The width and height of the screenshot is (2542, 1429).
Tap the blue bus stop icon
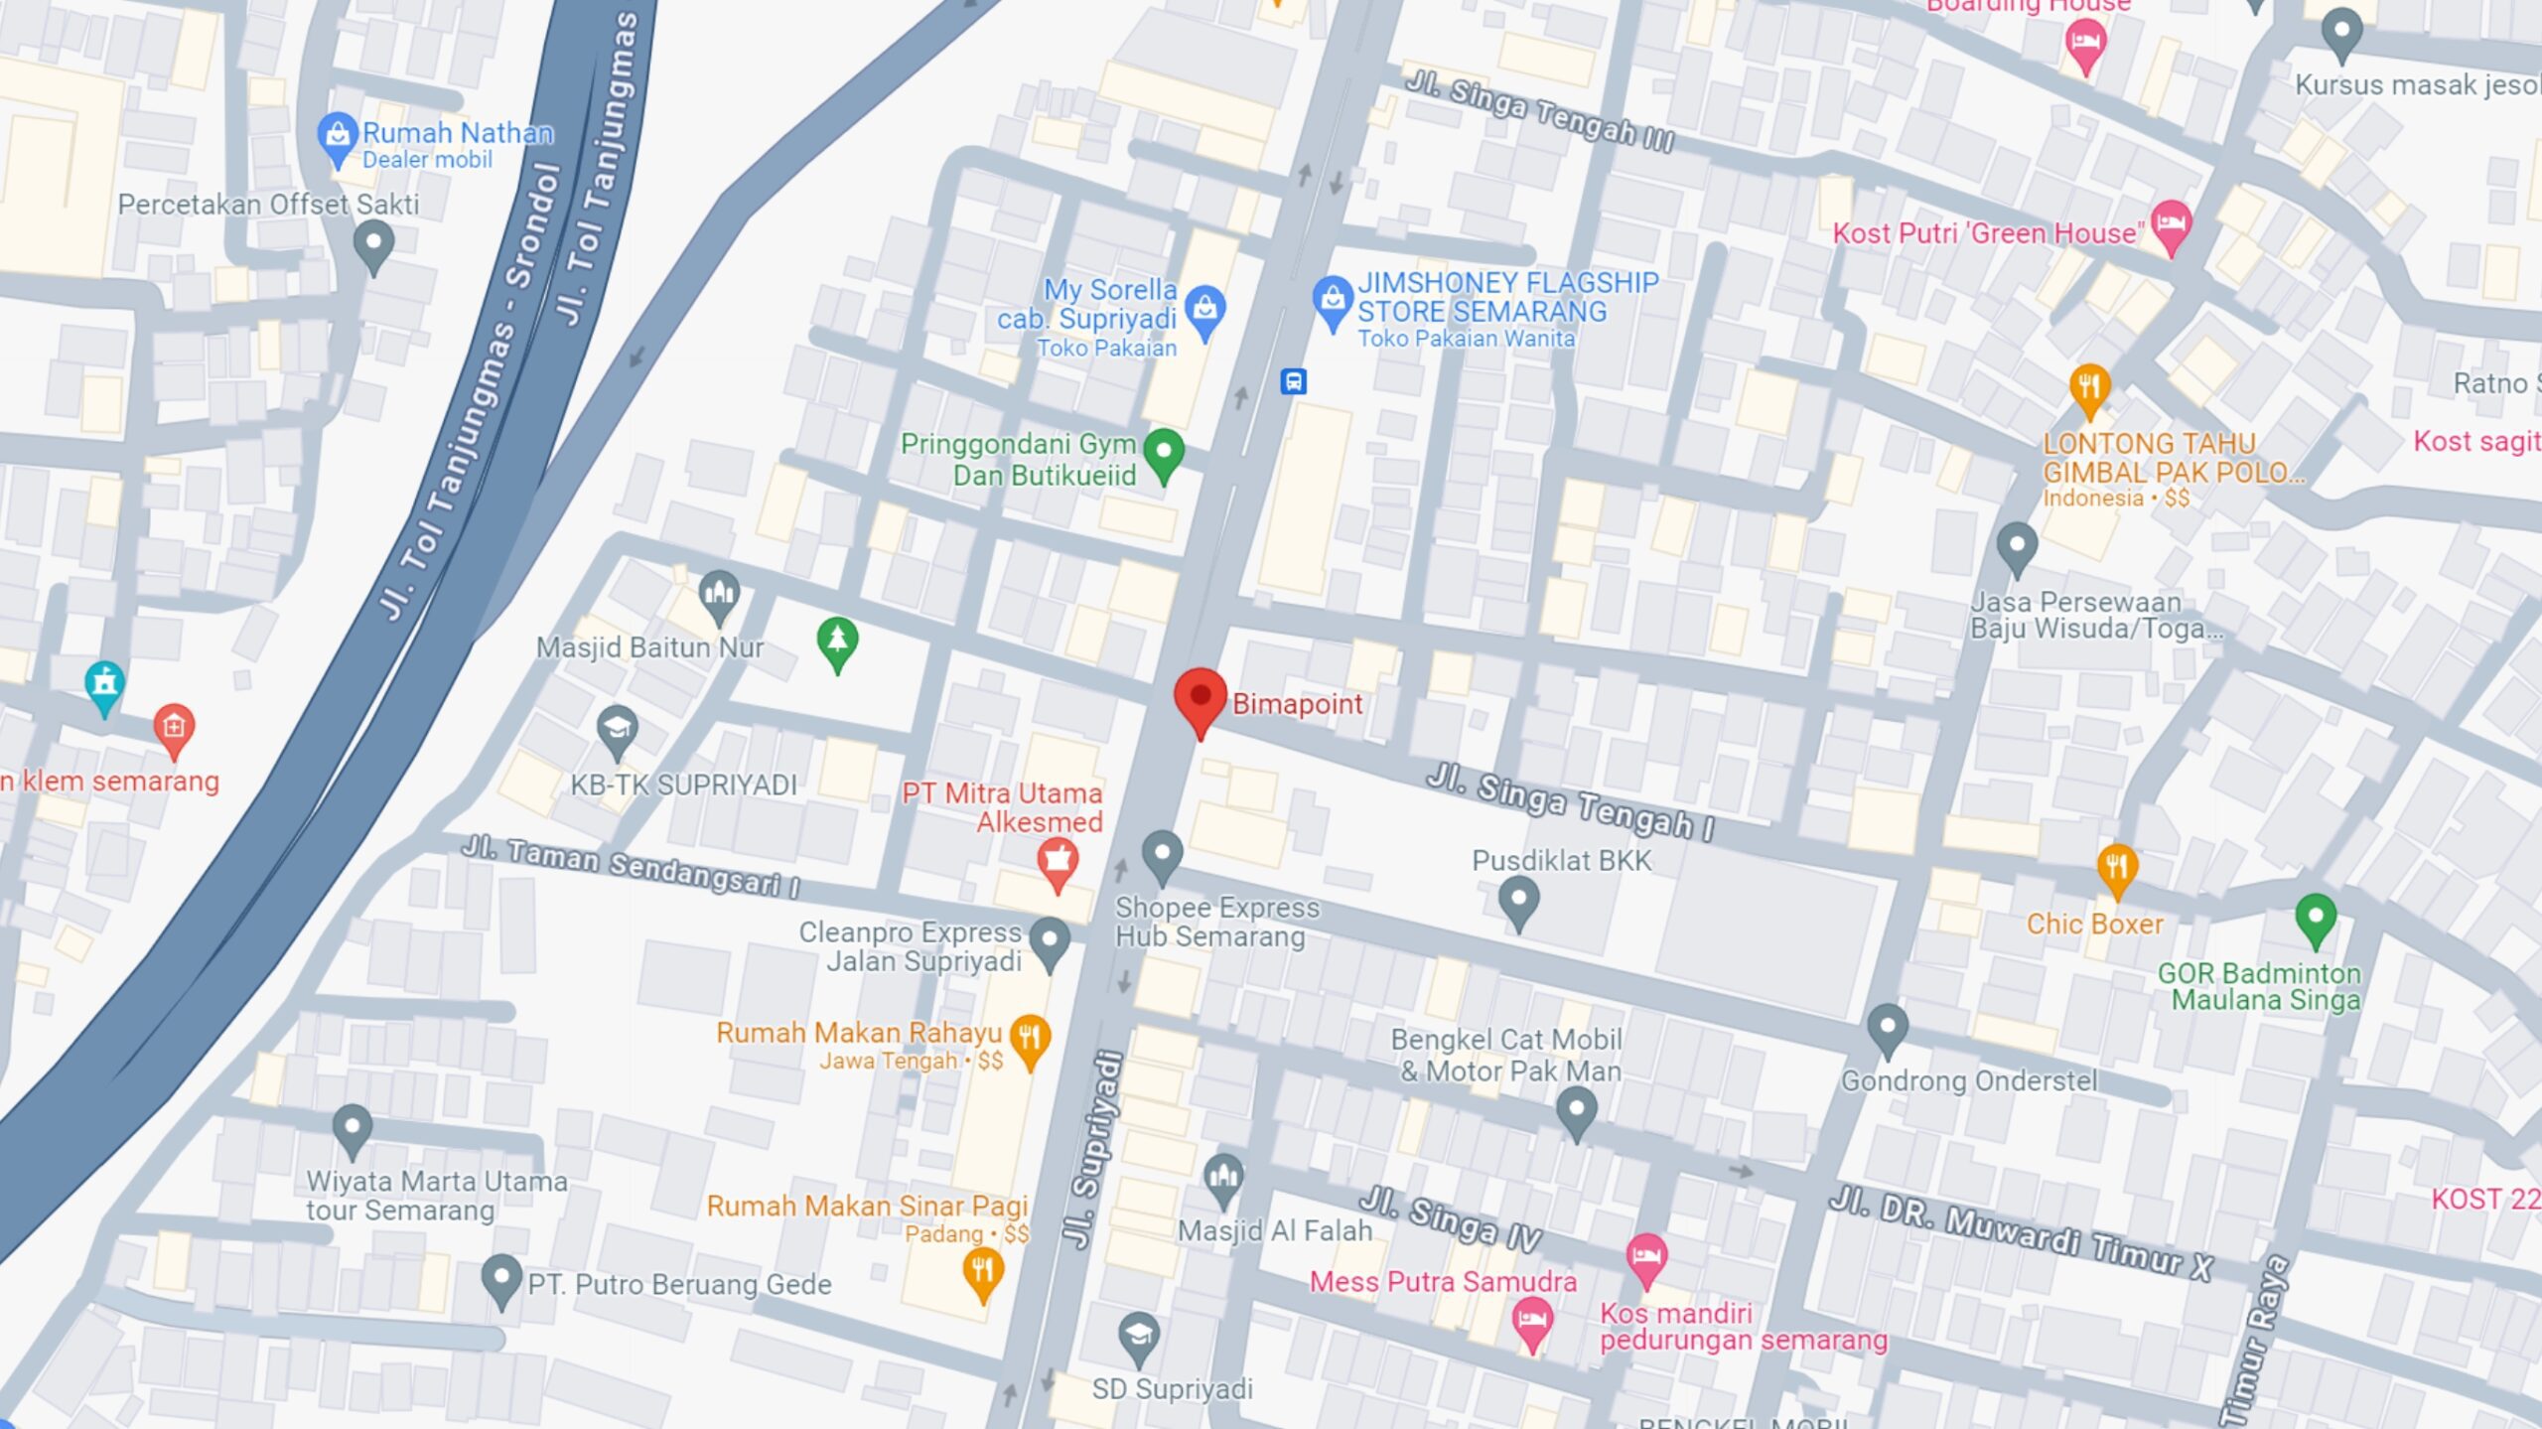point(1293,381)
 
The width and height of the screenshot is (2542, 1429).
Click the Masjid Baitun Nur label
point(649,647)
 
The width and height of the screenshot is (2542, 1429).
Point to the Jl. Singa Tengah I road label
point(1569,802)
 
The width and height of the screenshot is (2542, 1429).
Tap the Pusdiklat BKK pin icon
point(1517,900)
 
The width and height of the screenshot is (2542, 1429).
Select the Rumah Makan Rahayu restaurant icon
point(1030,1038)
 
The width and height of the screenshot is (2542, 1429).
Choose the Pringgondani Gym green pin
point(1163,453)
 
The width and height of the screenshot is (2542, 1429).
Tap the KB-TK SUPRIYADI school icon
point(617,730)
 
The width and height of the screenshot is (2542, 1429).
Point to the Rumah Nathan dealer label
point(457,133)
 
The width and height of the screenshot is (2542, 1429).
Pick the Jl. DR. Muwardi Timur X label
point(2020,1232)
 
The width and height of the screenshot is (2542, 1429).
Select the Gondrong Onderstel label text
point(1969,1080)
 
